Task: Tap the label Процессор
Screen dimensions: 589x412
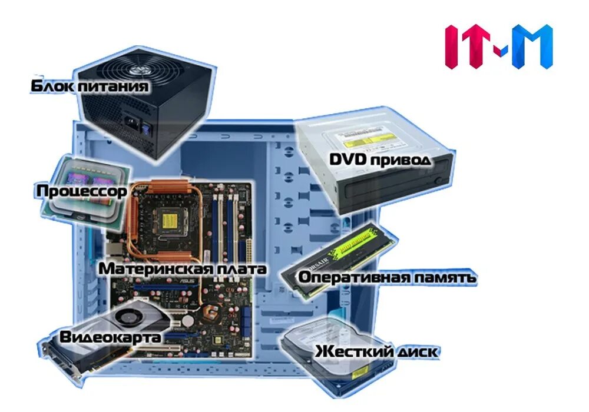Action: [81, 191]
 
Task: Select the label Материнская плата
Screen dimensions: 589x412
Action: [183, 268]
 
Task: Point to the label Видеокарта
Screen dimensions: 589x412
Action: [110, 338]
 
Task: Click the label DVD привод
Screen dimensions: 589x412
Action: [380, 159]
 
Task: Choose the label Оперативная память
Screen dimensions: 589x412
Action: [386, 277]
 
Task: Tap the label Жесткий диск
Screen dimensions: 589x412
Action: [376, 352]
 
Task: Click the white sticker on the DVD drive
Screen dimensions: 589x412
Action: [359, 141]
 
